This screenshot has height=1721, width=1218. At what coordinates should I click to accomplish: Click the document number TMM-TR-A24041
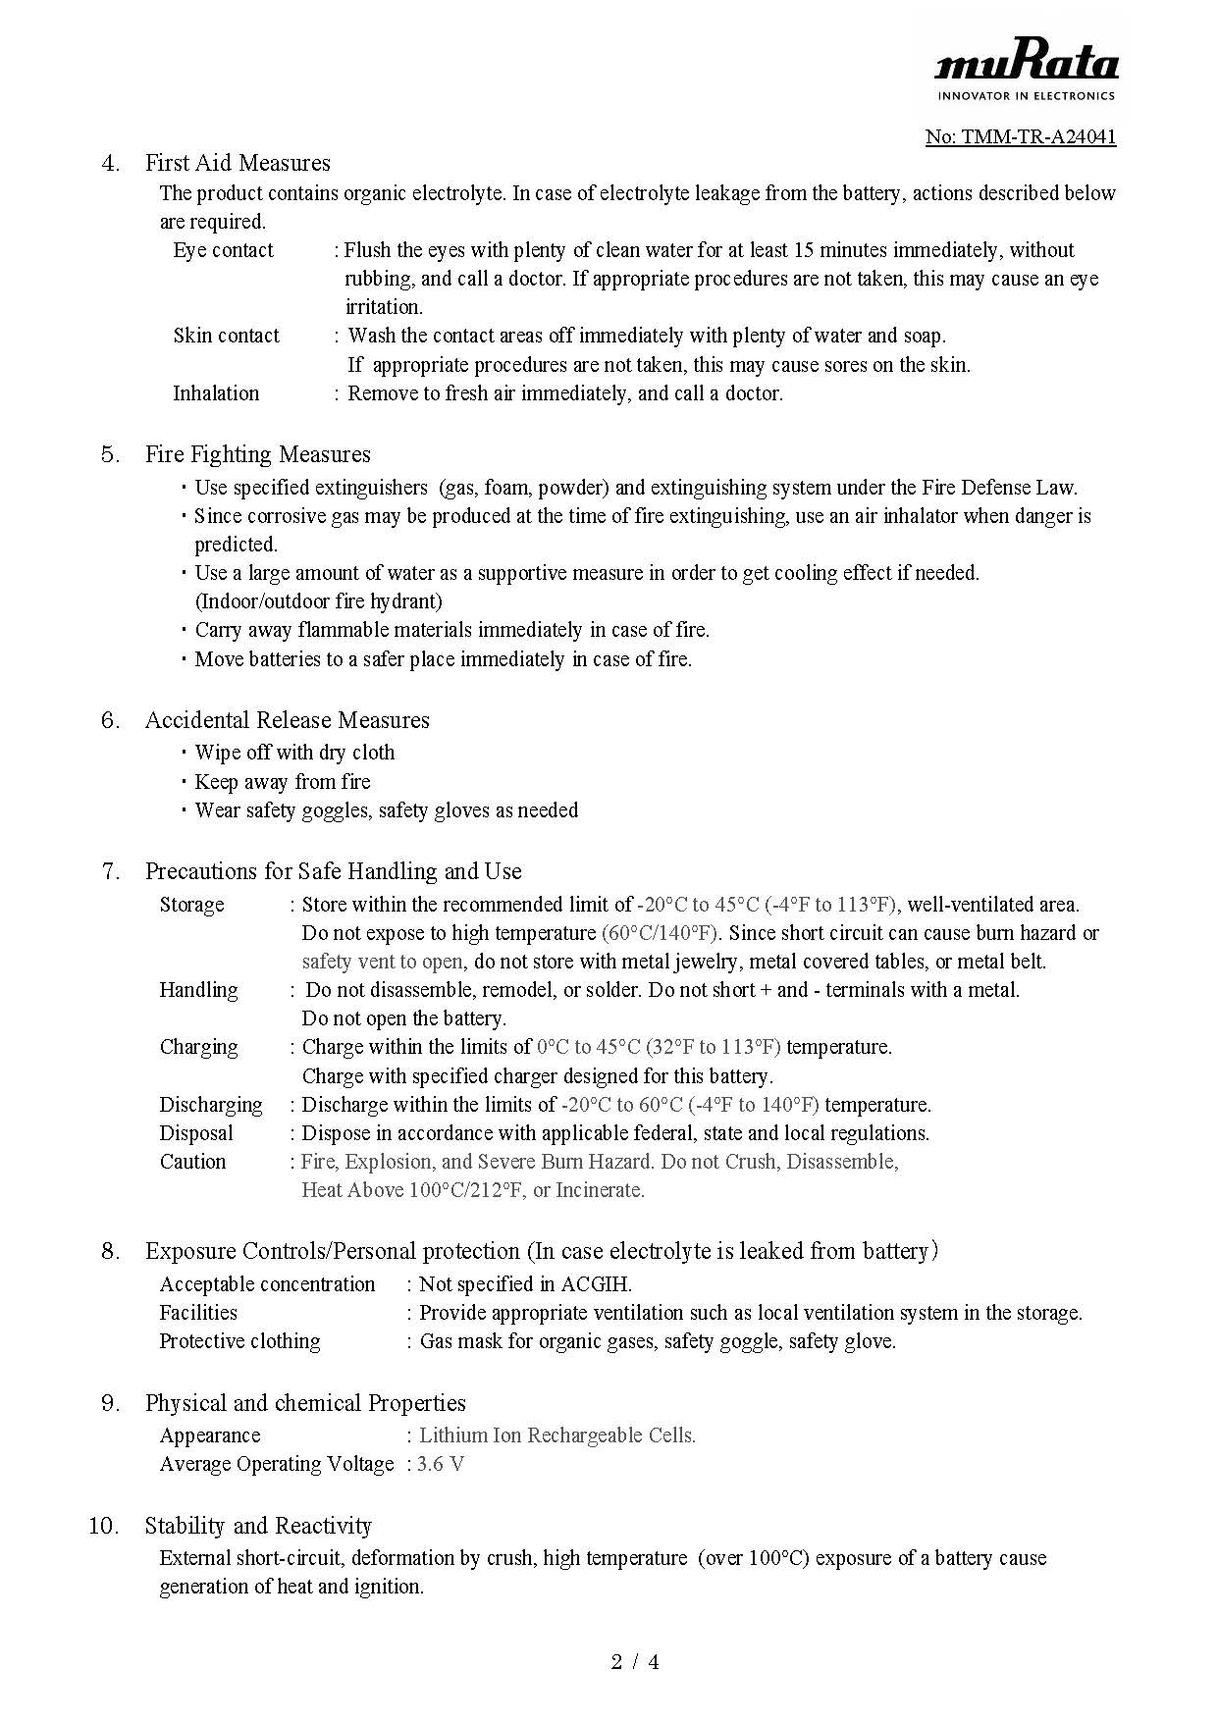tap(1021, 136)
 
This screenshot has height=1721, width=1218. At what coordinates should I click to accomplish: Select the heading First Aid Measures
tap(238, 163)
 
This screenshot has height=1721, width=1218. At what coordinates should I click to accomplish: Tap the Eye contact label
tap(223, 250)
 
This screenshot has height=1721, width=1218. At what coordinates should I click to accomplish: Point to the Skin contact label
tap(226, 336)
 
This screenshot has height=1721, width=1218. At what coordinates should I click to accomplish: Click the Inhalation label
tap(216, 393)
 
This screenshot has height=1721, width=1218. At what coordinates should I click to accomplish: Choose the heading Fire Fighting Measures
tap(257, 454)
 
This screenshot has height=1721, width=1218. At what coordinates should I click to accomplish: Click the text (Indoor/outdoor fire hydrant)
tap(318, 600)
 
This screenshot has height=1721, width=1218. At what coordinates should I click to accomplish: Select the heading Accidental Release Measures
tap(287, 720)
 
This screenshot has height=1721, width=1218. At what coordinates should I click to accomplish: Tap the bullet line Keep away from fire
tap(283, 782)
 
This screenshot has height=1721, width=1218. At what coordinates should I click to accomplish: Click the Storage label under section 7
tap(191, 905)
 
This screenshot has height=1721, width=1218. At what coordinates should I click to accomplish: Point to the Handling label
tap(198, 990)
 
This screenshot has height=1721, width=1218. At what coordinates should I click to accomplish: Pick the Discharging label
tap(211, 1105)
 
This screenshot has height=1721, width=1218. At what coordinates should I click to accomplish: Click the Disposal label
tap(196, 1133)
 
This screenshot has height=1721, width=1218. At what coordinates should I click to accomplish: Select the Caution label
tap(192, 1162)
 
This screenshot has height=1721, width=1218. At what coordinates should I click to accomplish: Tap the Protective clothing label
tap(239, 1341)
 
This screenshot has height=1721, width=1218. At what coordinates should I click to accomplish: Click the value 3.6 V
tap(441, 1464)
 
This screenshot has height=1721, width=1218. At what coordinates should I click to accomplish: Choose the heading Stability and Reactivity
tap(258, 1526)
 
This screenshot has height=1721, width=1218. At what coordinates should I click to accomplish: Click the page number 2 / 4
tap(635, 1662)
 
